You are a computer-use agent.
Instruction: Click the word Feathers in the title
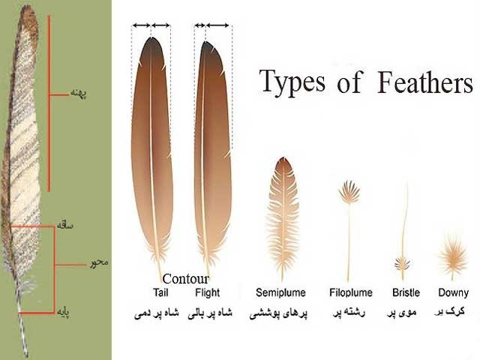425,82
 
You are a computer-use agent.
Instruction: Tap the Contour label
185,278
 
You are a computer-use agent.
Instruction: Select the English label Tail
160,292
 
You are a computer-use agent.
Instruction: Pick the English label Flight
208,292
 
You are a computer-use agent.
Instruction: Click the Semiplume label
280,292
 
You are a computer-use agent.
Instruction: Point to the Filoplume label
351,292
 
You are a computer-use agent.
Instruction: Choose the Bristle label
406,292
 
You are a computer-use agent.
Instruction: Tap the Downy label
453,293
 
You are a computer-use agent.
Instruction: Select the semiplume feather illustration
282,214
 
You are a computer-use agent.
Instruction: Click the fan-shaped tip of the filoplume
349,192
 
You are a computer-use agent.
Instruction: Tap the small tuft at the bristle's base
402,263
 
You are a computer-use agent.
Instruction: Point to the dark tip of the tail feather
151,46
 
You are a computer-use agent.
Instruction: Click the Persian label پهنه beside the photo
79,93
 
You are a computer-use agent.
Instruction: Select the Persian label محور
99,262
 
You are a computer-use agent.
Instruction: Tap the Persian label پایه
63,312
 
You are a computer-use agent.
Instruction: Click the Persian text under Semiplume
278,313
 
